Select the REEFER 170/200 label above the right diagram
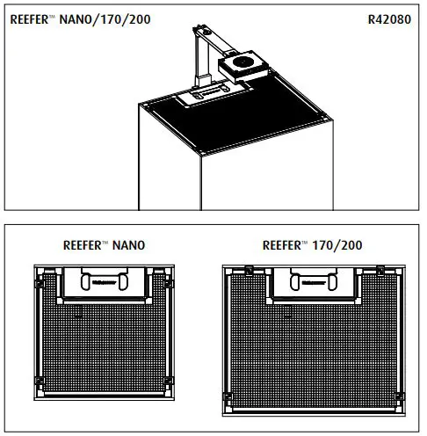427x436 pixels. [311, 246]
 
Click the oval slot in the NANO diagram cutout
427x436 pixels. [98, 282]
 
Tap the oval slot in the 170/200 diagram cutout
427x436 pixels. [314, 282]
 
